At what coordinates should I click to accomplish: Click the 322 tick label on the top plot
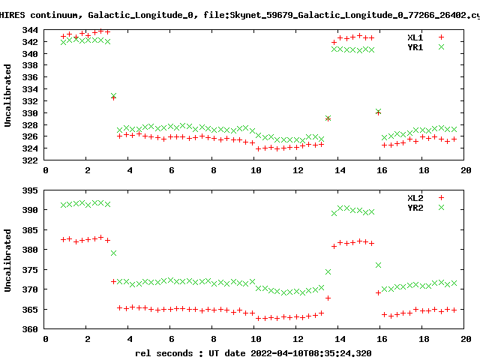click(x=32, y=160)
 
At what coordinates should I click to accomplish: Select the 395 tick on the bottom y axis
click(x=32, y=190)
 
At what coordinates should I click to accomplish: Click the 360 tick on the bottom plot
click(x=32, y=328)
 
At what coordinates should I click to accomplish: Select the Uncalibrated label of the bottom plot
click(x=8, y=259)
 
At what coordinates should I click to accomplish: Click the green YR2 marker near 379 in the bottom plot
click(x=113, y=253)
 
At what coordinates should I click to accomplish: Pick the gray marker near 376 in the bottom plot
click(x=378, y=265)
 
